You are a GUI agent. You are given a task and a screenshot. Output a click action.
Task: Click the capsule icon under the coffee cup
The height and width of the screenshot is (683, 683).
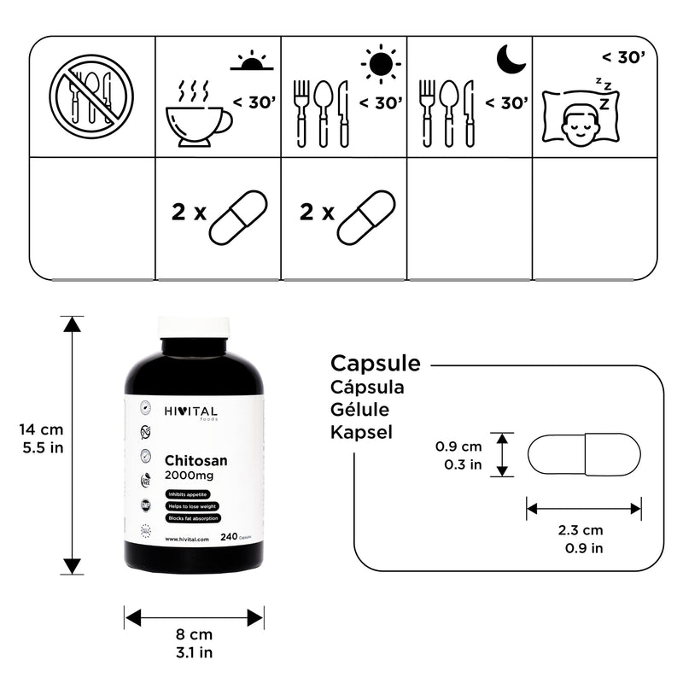[x=238, y=218]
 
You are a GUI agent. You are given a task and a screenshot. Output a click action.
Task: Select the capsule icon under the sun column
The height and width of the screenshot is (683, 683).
[x=365, y=218]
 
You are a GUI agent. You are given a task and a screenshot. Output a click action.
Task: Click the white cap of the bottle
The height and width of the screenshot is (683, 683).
[x=194, y=326]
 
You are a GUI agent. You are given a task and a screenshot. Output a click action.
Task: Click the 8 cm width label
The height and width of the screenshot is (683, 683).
[x=194, y=634]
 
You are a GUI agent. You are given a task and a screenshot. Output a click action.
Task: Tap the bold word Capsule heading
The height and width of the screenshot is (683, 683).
[x=376, y=363]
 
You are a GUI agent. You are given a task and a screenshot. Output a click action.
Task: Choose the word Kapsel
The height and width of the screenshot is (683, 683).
[x=361, y=433]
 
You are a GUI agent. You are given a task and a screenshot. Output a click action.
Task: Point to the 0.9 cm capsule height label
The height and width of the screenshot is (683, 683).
[x=458, y=447]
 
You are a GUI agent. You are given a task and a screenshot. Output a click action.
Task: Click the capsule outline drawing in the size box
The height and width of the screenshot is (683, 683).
[x=583, y=454]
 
